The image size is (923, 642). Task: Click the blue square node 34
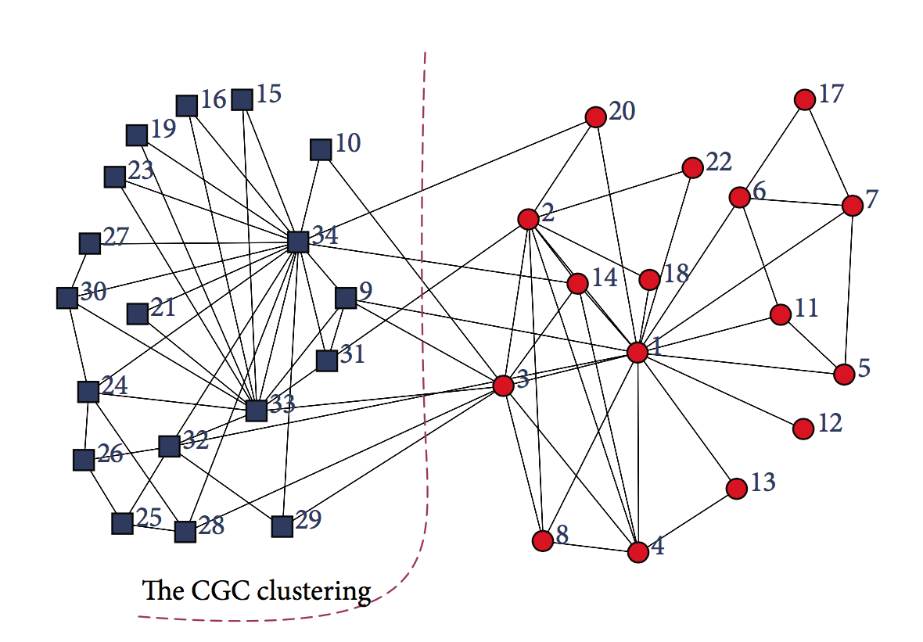pyautogui.click(x=298, y=242)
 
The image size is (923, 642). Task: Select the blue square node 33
pyautogui.click(x=256, y=410)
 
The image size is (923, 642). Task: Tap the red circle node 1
pyautogui.click(x=637, y=353)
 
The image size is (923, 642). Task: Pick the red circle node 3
pyautogui.click(x=504, y=385)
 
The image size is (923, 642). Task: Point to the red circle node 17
pyautogui.click(x=804, y=99)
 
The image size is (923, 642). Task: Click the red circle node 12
pyautogui.click(x=803, y=429)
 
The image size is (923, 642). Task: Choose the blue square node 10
pyautogui.click(x=320, y=149)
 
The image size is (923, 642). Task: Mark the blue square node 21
pyautogui.click(x=138, y=314)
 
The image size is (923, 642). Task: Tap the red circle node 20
pyautogui.click(x=596, y=117)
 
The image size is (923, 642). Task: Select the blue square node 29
pyautogui.click(x=282, y=526)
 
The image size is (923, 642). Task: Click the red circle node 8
pyautogui.click(x=542, y=540)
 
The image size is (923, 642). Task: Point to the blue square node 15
pyautogui.click(x=242, y=99)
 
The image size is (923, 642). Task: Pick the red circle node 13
pyautogui.click(x=736, y=489)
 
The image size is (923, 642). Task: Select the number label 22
pyautogui.click(x=718, y=162)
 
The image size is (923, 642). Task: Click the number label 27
pyautogui.click(x=116, y=238)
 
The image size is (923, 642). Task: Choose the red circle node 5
pyautogui.click(x=844, y=375)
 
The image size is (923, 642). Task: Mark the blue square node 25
pyautogui.click(x=122, y=523)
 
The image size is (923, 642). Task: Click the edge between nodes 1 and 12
pyautogui.click(x=720, y=390)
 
